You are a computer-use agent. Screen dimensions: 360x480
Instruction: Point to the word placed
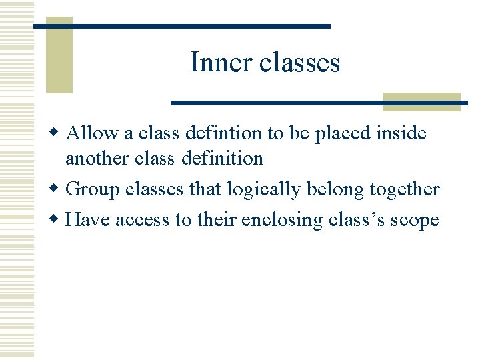pyautogui.click(x=343, y=133)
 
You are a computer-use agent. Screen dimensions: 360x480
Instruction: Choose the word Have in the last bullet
pyautogui.click(x=89, y=219)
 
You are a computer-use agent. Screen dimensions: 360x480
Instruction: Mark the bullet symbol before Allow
pyautogui.click(x=58, y=133)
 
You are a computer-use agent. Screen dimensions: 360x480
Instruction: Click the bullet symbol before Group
pyautogui.click(x=58, y=189)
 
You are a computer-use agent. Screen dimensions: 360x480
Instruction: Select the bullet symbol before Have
pyautogui.click(x=58, y=219)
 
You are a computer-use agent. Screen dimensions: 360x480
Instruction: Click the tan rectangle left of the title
pyautogui.click(x=59, y=55)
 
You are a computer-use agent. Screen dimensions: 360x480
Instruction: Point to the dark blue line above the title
pyautogui.click(x=181, y=26)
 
